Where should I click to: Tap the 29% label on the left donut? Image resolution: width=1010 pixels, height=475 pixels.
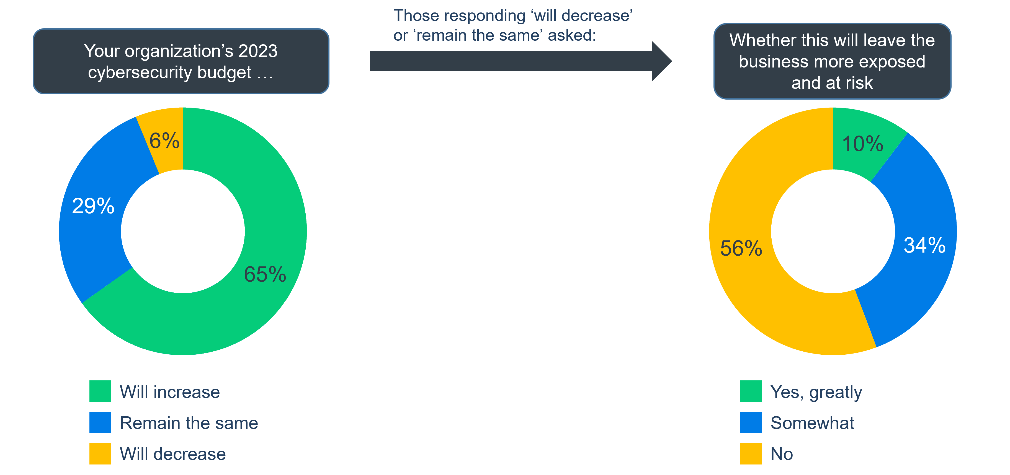93,206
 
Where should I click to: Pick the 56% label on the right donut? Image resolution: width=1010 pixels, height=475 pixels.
741,248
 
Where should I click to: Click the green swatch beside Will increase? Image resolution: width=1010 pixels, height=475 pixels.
100,391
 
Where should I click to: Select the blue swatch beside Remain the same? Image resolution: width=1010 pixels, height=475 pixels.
100,422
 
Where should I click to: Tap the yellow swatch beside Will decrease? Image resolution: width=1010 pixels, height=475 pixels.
100,453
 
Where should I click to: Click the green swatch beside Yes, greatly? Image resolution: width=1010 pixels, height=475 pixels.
751,391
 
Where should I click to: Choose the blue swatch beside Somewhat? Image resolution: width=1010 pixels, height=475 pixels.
751,422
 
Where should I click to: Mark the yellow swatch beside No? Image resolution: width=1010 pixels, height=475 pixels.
751,453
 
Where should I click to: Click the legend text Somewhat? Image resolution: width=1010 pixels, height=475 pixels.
812,423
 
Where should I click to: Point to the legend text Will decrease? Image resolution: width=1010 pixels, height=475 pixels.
172,454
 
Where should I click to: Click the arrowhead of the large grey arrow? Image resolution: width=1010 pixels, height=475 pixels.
662,61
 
